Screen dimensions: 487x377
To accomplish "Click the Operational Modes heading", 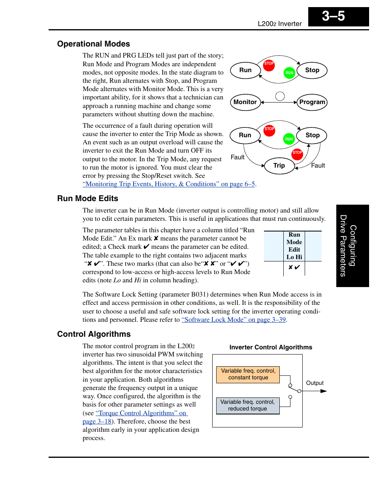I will click(93, 44).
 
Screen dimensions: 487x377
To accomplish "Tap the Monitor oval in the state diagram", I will click(245, 102).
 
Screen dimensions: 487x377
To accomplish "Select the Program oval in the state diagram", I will click(312, 102).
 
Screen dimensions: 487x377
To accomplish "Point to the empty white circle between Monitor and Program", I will click(280, 96).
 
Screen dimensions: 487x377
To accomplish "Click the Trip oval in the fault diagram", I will click(279, 166).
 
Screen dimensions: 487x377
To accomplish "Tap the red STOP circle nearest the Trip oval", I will click(297, 153).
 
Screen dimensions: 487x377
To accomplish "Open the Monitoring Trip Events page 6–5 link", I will click(169, 184).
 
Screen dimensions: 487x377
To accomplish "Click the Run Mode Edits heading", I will click(87, 198).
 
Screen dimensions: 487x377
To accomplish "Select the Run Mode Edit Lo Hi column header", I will click(294, 246).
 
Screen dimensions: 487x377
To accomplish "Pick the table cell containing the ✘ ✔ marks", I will click(294, 268).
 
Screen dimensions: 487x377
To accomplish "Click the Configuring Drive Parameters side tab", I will click(352, 246).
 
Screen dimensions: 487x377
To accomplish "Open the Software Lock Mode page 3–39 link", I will click(234, 320).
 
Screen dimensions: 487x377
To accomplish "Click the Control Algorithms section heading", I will click(94, 334).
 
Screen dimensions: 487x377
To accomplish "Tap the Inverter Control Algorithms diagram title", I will click(271, 347).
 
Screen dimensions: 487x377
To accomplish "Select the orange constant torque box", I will click(248, 375).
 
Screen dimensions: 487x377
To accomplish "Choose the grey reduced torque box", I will click(247, 405).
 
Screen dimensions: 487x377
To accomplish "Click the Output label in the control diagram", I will click(315, 383).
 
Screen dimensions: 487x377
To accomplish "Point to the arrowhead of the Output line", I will click(324, 391).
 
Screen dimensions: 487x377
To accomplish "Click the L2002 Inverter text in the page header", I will click(279, 24).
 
